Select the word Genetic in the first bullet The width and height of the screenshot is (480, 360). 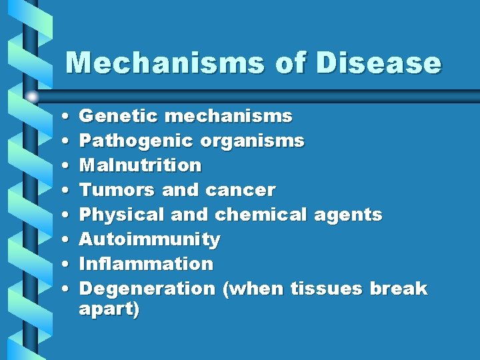click(118, 116)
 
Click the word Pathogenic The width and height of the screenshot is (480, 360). click(134, 141)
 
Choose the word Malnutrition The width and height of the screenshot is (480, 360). click(140, 165)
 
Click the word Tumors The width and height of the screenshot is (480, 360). click(117, 190)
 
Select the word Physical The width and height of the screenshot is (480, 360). click(122, 215)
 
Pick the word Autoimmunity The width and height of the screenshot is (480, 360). click(149, 239)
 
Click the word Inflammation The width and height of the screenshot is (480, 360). click(146, 263)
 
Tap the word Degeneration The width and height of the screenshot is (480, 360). click(147, 289)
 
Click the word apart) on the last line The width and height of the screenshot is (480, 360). click(109, 309)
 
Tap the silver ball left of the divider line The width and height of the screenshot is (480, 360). click(32, 97)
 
